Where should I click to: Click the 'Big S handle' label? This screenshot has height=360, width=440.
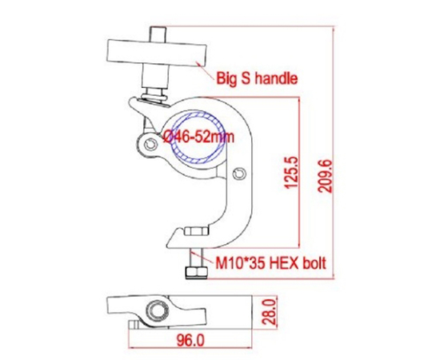[257, 78]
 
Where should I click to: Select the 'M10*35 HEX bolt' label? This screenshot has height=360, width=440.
[270, 262]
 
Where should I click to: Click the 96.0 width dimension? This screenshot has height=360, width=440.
[189, 339]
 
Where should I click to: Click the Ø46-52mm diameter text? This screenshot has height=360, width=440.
[198, 137]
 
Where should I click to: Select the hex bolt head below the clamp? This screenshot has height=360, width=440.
[194, 274]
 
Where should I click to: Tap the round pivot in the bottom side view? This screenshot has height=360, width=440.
[157, 310]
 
